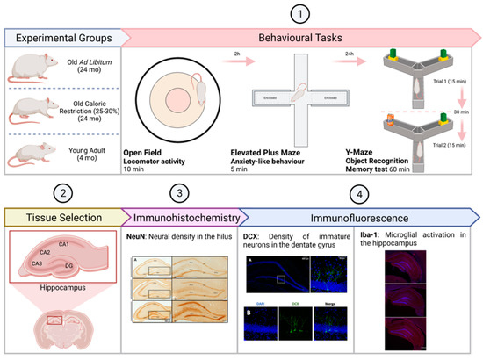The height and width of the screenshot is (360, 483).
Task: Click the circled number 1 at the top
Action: point(255,14)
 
